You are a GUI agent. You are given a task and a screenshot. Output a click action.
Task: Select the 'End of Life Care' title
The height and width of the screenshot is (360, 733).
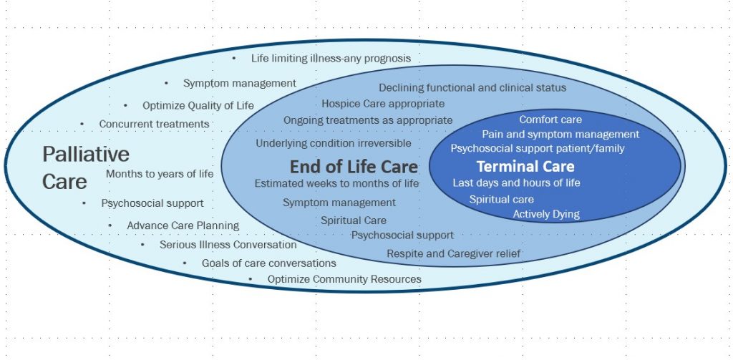pyautogui.click(x=354, y=167)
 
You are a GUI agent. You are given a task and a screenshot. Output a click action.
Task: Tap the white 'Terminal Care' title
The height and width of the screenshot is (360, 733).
pyautogui.click(x=525, y=167)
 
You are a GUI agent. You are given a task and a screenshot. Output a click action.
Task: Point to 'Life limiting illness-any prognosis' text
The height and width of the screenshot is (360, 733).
pyautogui.click(x=331, y=59)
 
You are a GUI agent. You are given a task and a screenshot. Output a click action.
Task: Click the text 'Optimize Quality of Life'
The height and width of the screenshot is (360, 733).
pyautogui.click(x=198, y=106)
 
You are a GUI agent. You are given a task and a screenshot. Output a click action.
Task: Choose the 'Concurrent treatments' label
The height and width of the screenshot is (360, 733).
pyautogui.click(x=155, y=125)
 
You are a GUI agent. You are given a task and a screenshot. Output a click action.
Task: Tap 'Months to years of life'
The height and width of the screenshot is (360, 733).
pyautogui.click(x=160, y=174)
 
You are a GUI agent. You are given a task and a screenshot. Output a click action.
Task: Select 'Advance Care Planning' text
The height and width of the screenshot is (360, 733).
pyautogui.click(x=183, y=226)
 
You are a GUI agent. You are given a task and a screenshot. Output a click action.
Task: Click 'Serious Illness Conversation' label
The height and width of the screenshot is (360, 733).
pyautogui.click(x=228, y=245)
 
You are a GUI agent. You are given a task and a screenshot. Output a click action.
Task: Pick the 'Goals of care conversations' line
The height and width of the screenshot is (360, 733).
pyautogui.click(x=269, y=263)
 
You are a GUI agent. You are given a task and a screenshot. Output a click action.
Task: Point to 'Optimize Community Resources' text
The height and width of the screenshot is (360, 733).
pyautogui.click(x=344, y=279)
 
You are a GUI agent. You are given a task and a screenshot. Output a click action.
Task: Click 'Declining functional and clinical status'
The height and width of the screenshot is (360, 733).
pyautogui.click(x=472, y=88)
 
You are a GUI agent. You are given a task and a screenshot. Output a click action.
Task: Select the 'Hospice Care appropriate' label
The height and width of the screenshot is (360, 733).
pyautogui.click(x=383, y=103)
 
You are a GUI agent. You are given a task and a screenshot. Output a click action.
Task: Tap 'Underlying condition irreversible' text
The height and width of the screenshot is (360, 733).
pyautogui.click(x=334, y=143)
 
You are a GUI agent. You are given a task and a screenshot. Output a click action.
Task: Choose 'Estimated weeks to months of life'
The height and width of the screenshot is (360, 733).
pyautogui.click(x=336, y=183)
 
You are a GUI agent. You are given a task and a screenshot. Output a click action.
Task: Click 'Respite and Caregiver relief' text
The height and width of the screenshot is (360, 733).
pyautogui.click(x=453, y=254)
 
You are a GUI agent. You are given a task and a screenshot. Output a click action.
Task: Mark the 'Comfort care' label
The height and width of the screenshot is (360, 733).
pyautogui.click(x=550, y=120)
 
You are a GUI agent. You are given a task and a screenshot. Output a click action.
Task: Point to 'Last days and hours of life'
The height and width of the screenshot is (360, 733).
pyautogui.click(x=517, y=183)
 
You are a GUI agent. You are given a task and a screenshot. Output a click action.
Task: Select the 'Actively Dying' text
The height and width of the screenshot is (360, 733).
pyautogui.click(x=546, y=215)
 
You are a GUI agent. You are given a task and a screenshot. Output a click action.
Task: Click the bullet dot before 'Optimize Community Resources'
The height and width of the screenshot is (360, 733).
pyautogui.click(x=251, y=279)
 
